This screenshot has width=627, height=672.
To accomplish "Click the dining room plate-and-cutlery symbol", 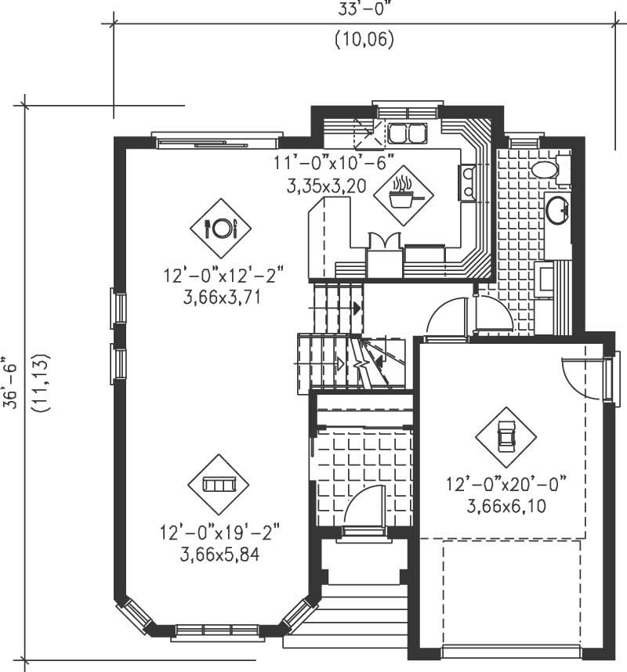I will [x=220, y=228].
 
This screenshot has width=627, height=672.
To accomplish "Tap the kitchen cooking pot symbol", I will [x=401, y=193].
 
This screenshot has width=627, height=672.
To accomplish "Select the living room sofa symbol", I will [x=218, y=484].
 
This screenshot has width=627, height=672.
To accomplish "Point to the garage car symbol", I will [x=506, y=436].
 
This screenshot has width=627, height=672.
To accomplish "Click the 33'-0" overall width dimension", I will [x=363, y=10].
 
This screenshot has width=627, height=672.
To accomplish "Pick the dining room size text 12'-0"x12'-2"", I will [x=223, y=276].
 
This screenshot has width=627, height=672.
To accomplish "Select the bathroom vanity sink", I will [x=558, y=210].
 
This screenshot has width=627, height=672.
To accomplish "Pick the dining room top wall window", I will [x=216, y=140].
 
